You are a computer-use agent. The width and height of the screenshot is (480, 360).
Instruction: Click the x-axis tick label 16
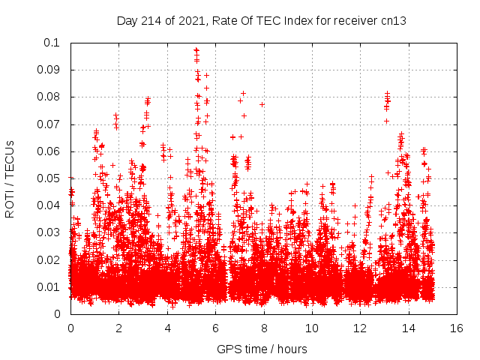point(455,328)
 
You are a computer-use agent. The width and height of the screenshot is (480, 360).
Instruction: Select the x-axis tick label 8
point(263,328)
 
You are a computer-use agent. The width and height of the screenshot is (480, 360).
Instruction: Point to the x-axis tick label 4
point(167,328)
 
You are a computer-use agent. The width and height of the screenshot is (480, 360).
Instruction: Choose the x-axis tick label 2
point(118,328)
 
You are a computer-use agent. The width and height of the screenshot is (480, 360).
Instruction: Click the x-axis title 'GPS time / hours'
point(262,349)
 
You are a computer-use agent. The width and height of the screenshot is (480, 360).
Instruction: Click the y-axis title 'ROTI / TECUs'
point(10,178)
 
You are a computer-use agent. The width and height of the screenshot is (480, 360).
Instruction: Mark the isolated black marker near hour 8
point(262,104)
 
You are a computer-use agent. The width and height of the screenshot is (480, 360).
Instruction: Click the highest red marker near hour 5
point(196,49)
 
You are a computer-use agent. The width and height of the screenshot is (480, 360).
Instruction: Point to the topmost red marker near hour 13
point(387,93)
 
